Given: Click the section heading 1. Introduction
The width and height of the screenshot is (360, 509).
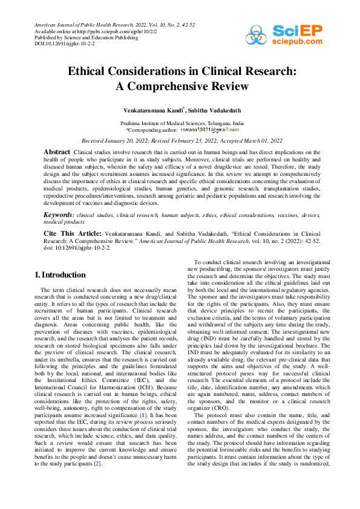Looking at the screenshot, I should click(x=60, y=274).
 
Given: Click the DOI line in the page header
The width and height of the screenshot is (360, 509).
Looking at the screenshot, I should click(x=56, y=44).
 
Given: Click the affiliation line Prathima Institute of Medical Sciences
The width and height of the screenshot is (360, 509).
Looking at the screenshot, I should click(x=182, y=123).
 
